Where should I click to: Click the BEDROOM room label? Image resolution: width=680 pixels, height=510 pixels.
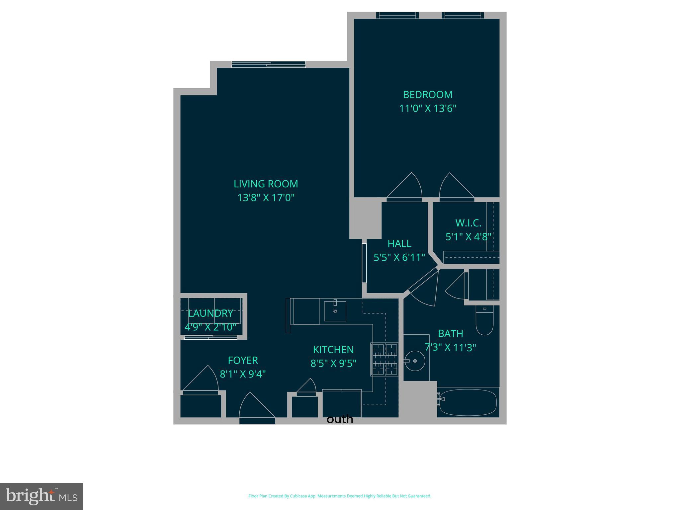pos(427,95)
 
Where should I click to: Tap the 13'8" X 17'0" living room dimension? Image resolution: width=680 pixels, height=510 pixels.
pos(266,198)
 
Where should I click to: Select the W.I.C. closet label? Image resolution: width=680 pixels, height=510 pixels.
pos(468,223)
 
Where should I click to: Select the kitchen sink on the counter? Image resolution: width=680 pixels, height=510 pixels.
pos(335,311)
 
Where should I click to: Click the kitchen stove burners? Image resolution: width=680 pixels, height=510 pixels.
pos(384,359)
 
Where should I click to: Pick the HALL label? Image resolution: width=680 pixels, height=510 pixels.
pos(399,244)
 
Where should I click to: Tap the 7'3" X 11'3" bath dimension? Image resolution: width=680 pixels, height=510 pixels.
pos(450,348)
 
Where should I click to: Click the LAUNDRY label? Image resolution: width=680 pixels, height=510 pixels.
pos(211,313)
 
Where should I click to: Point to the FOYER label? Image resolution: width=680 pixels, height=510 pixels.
pos(243,360)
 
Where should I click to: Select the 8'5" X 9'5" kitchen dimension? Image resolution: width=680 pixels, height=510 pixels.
pos(333,364)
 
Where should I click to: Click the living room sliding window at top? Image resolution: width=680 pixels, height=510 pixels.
pos(268,64)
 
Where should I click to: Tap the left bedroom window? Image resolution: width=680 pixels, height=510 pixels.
pos(397,15)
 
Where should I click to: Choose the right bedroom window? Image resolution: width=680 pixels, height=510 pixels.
pos(463,15)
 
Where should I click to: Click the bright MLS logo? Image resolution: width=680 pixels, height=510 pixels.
pos(42,496)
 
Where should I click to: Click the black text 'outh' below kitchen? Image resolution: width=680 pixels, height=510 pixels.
pos(340,419)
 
